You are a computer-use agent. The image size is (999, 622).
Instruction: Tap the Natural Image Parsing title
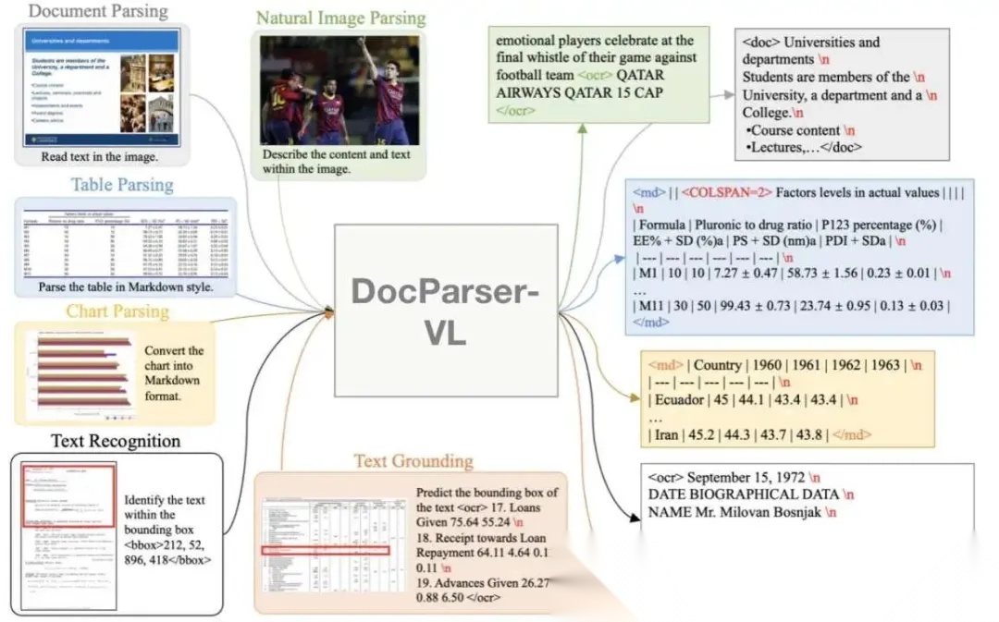(340, 18)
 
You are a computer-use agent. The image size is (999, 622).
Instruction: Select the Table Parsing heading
(122, 184)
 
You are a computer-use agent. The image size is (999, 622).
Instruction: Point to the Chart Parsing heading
(117, 311)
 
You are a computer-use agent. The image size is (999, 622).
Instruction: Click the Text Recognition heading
(116, 440)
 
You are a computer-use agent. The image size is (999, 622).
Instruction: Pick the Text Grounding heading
(413, 460)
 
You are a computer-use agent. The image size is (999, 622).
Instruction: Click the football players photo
(339, 90)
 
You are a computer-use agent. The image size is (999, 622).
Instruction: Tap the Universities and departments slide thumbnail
(101, 88)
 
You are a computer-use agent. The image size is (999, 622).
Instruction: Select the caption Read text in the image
(100, 157)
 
